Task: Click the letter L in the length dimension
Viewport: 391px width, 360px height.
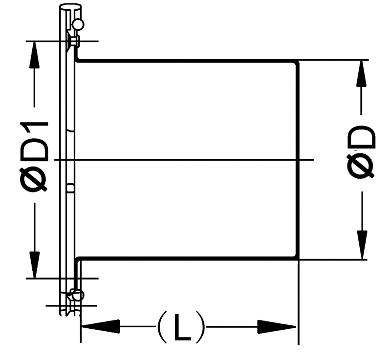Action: [182, 327]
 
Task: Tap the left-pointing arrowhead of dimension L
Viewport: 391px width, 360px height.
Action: [101, 326]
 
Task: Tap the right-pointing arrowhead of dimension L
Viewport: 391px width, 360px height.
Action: [277, 327]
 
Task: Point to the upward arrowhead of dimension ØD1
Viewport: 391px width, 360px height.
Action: [34, 54]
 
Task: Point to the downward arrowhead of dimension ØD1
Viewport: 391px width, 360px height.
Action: [35, 265]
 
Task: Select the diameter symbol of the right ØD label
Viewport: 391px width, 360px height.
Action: [361, 166]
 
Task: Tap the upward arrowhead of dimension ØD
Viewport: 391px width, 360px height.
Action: [362, 73]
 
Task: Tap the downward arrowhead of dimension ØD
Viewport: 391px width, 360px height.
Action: [362, 245]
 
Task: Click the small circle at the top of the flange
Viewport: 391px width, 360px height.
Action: [78, 24]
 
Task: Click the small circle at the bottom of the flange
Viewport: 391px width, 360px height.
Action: [78, 295]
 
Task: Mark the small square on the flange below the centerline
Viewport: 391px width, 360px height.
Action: [71, 188]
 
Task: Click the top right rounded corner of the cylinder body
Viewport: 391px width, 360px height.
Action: [297, 63]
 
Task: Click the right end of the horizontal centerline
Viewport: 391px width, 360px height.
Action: [313, 160]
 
